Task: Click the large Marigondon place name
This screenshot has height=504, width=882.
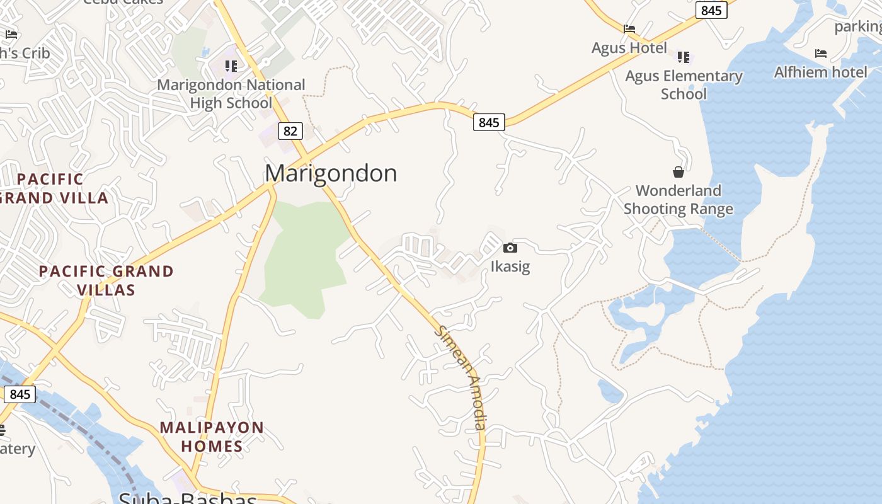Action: [331, 173]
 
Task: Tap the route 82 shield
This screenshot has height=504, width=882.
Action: [290, 131]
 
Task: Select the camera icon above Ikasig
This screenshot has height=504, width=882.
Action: [510, 248]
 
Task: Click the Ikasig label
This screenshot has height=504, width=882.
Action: [510, 266]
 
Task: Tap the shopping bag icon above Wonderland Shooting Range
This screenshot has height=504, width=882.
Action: [679, 172]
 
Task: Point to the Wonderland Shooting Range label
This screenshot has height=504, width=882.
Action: [679, 200]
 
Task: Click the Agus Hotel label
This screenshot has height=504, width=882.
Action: [629, 48]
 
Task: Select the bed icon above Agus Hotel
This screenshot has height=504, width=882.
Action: [629, 28]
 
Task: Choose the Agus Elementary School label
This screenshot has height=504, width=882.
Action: [684, 85]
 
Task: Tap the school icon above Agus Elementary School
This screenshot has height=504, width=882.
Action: [684, 57]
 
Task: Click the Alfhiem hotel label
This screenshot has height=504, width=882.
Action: [820, 72]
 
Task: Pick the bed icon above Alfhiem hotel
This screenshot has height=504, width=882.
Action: [820, 54]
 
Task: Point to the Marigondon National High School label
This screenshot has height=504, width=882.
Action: [231, 93]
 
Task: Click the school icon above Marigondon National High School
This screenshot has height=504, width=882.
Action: [231, 66]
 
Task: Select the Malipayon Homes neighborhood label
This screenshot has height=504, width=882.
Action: [212, 437]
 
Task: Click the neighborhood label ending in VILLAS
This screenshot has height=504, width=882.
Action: [106, 280]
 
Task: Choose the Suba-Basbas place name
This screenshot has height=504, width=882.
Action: [188, 498]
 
